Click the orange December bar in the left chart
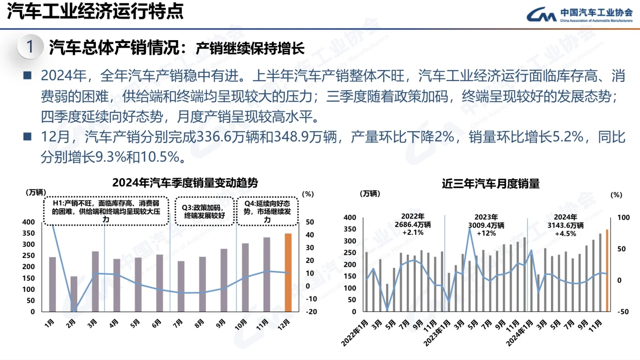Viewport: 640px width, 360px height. [288, 272]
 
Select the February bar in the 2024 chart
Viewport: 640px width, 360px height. [74, 293]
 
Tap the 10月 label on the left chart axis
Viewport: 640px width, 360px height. [241, 325]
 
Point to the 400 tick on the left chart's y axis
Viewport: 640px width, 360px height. [29, 222]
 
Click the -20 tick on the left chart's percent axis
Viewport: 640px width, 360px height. [311, 312]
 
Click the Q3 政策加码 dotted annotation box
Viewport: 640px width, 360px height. [204, 212]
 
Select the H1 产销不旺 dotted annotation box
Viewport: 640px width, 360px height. [106, 211]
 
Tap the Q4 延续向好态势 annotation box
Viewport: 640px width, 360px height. [267, 212]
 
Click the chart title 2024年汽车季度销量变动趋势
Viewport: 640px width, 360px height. [185, 183]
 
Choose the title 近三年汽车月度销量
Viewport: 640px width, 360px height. [490, 184]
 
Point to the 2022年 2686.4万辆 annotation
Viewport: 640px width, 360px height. [413, 224]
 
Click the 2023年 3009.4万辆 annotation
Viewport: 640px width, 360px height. [486, 225]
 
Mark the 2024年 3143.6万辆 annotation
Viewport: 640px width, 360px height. [565, 225]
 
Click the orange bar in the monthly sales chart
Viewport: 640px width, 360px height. [607, 270]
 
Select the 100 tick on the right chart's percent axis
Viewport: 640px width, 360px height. [623, 217]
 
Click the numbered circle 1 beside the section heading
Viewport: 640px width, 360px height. [30, 47]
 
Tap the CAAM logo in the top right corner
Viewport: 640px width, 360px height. [579, 15]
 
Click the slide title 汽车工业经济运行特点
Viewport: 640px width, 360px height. [95, 11]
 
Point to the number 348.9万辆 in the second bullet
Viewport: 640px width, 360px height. [306, 137]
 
